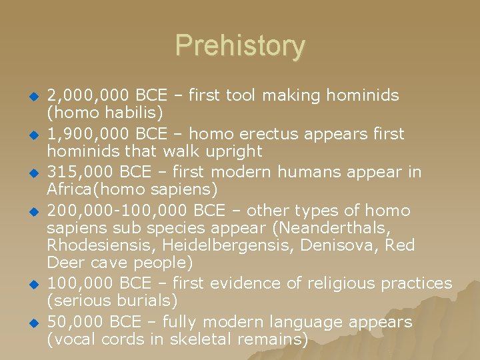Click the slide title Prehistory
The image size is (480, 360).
click(240, 46)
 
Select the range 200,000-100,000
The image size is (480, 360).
click(117, 211)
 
